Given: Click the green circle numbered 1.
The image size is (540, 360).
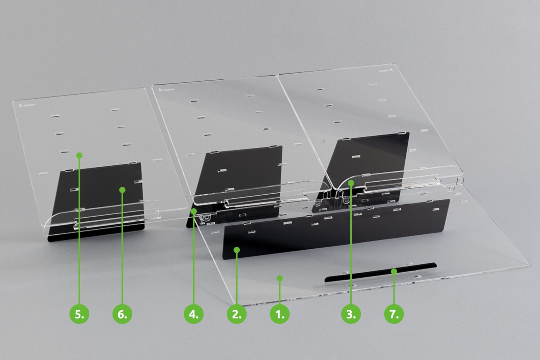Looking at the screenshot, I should pyautogui.click(x=280, y=314).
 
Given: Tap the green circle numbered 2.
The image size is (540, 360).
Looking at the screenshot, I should pyautogui.click(x=237, y=314).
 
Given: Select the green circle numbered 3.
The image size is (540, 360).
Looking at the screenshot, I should pyautogui.click(x=351, y=314).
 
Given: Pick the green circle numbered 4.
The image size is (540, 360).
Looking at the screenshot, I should pyautogui.click(x=193, y=314).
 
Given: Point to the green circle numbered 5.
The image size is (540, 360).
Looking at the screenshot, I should pyautogui.click(x=79, y=314).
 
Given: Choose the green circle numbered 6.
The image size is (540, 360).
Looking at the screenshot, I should pyautogui.click(x=122, y=314).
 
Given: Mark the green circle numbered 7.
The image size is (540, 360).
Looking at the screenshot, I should pyautogui.click(x=394, y=314).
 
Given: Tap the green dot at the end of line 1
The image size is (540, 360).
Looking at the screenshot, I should pyautogui.click(x=280, y=278).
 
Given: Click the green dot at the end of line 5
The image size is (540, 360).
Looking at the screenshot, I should pyautogui.click(x=79, y=155).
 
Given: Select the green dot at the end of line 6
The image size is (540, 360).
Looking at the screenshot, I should pyautogui.click(x=123, y=190).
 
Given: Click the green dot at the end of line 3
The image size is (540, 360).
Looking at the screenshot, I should pyautogui.click(x=351, y=183).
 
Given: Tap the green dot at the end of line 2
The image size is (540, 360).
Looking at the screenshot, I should pyautogui.click(x=237, y=250).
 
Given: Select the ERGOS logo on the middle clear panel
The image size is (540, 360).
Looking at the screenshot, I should pyautogui.click(x=167, y=90).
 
